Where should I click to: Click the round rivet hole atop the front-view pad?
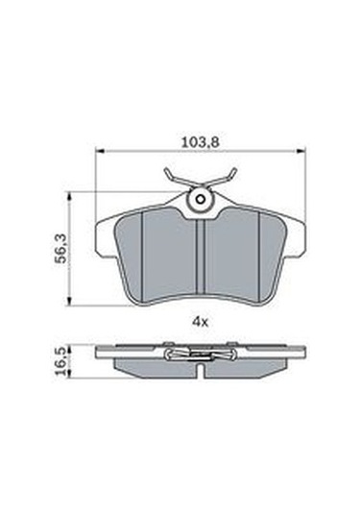pos(200,200)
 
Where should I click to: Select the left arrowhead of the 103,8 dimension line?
pos(100,151)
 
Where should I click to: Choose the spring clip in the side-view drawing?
pos(200,354)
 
